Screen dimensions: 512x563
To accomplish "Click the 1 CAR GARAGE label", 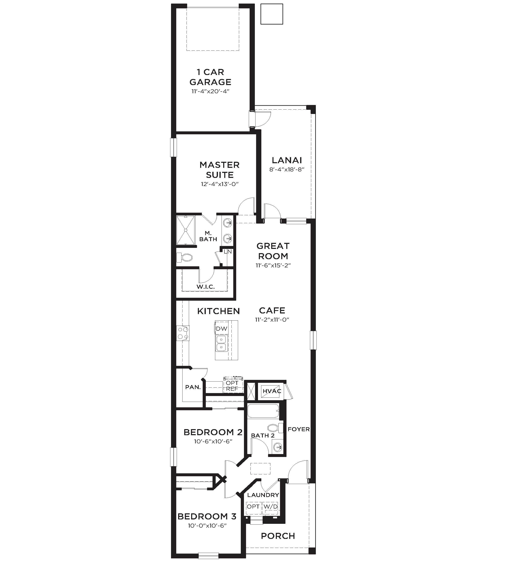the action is tap(210, 77).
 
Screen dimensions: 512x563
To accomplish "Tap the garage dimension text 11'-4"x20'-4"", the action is tap(210, 91).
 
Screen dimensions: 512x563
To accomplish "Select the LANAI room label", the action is tap(287, 160).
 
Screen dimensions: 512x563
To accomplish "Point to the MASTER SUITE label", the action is tap(220, 170).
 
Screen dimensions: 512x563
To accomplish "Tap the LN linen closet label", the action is tap(228, 252).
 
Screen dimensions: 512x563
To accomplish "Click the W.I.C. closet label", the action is tap(206, 287).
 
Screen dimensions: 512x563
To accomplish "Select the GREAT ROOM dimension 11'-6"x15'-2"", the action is tap(273, 265).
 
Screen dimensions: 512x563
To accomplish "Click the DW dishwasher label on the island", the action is tap(222, 329).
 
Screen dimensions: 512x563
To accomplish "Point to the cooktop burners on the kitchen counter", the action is tap(183, 333).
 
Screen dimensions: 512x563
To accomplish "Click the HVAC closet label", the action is tap(272, 391).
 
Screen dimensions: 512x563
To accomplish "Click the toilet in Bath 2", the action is tap(275, 428).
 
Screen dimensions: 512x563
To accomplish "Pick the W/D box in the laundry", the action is tap(271, 506).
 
